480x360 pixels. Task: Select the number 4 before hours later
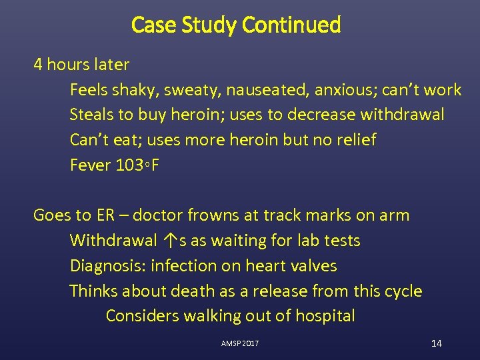click(38, 65)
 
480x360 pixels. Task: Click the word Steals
click(91, 115)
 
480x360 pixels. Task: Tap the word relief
click(354, 140)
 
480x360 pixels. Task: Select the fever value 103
click(131, 165)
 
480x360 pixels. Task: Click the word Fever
click(90, 165)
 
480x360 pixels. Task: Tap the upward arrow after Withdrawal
click(169, 241)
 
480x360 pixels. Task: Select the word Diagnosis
click(108, 266)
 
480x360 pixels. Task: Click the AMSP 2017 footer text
click(240, 343)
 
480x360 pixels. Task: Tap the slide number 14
click(437, 343)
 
